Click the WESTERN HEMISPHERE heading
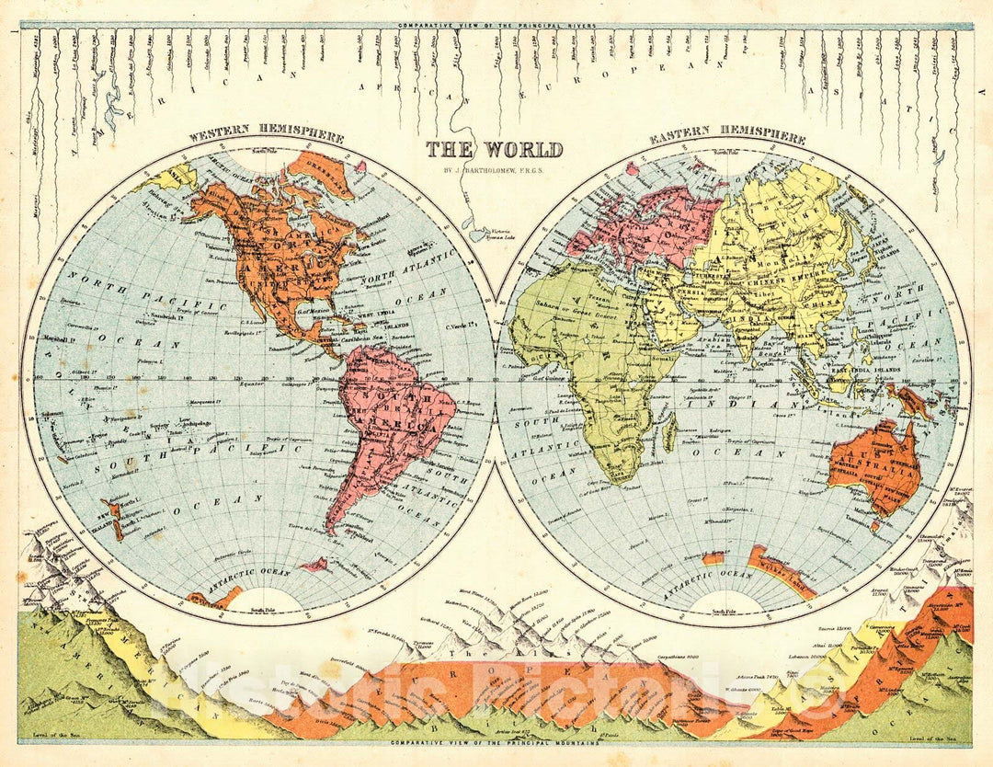pos(266,138)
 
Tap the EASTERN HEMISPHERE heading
pos(727,138)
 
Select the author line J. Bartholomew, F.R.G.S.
pos(495,168)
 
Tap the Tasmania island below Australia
pos(876,526)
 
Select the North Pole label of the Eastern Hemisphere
pos(728,152)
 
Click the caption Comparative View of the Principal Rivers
pos(495,25)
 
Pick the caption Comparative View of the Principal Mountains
pos(495,742)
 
